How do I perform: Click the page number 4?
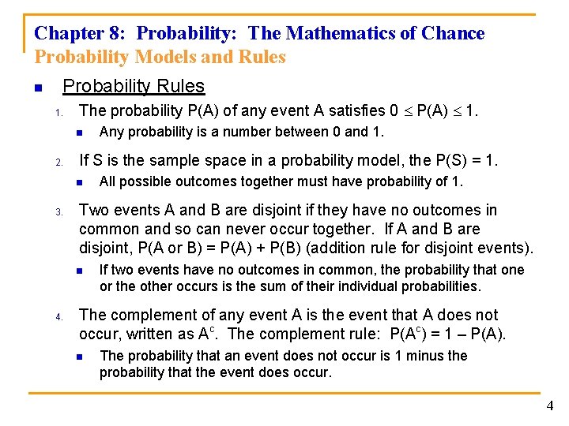coord(550,406)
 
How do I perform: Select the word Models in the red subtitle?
coord(158,57)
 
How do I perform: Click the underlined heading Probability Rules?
coord(134,87)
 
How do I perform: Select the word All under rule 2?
coord(107,181)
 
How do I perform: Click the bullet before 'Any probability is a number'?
coord(80,133)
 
